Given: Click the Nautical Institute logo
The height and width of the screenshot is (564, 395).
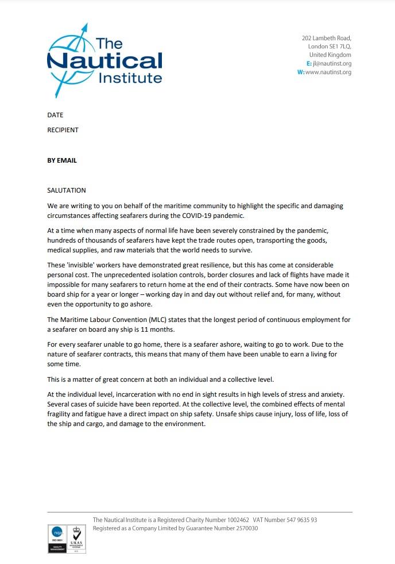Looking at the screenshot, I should pos(104,60).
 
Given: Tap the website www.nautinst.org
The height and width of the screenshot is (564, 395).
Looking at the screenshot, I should pos(328,72).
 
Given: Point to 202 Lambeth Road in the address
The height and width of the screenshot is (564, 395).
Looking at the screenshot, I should pos(326,38).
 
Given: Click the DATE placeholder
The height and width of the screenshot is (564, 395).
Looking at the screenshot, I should pos(55,115).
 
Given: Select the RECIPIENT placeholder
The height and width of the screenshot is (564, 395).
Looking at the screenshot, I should pos(63,130).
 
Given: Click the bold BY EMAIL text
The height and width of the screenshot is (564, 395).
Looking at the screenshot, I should pos(61,160).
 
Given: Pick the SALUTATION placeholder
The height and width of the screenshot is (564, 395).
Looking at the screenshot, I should pos(66,190).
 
